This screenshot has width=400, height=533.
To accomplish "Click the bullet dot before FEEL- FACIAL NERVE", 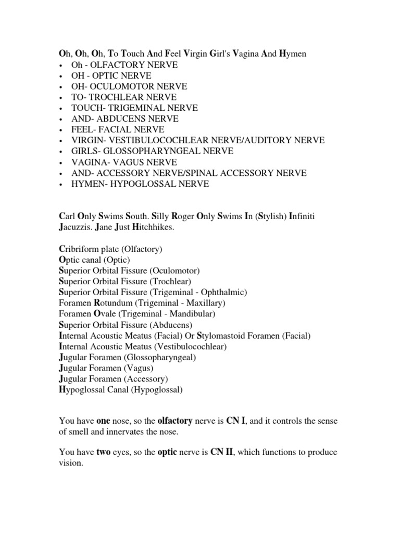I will [61, 130].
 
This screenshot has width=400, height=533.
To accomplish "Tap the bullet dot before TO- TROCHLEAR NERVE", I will [61, 97].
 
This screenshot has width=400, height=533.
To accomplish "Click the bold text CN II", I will [220, 452].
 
